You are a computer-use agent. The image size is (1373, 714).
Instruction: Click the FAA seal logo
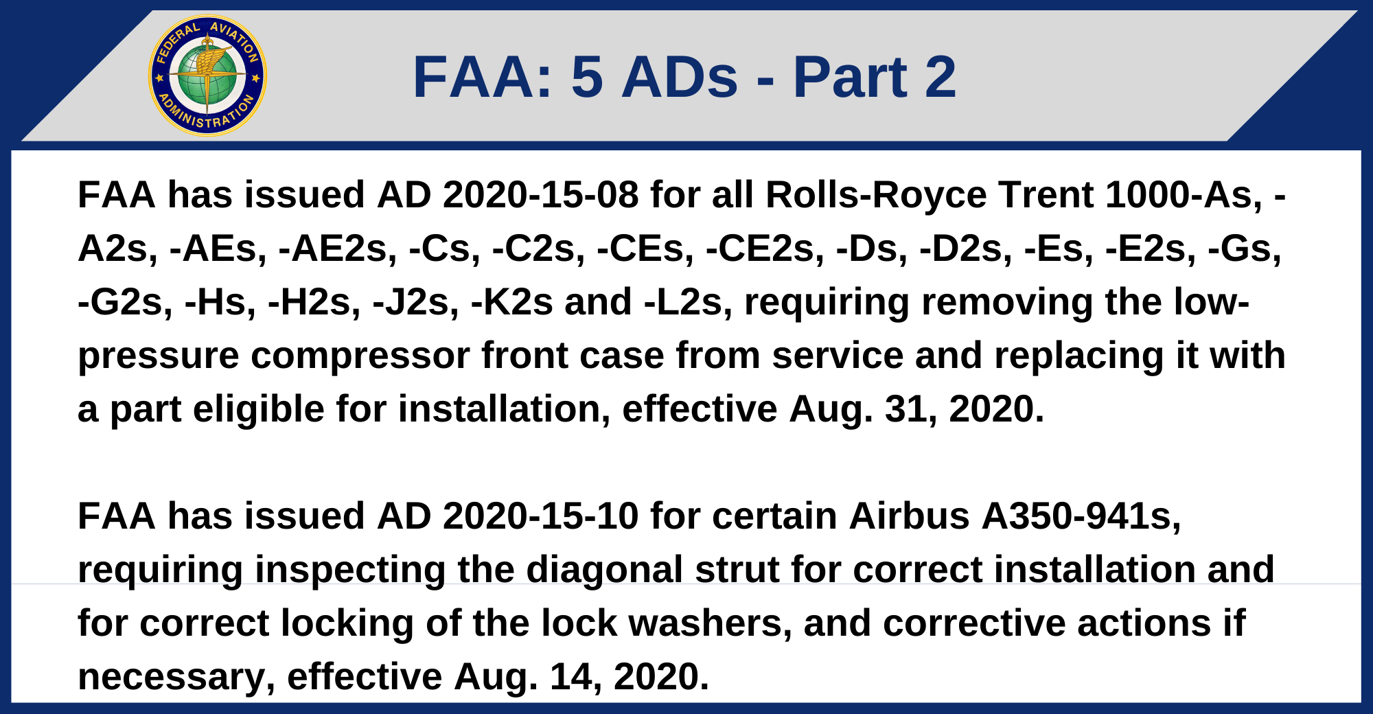point(207,76)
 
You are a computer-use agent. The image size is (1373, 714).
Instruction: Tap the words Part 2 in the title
point(875,77)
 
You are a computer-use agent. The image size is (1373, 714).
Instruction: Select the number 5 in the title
point(587,77)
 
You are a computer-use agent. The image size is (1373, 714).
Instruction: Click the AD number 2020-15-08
point(541,195)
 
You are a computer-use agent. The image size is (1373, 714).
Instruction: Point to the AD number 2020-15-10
point(541,516)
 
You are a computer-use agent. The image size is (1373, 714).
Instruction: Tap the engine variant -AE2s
point(338,249)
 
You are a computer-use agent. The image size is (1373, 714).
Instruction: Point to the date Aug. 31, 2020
point(916,409)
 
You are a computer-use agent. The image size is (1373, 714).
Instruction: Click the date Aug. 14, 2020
point(581,677)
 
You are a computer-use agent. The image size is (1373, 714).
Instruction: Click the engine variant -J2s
point(416,302)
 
